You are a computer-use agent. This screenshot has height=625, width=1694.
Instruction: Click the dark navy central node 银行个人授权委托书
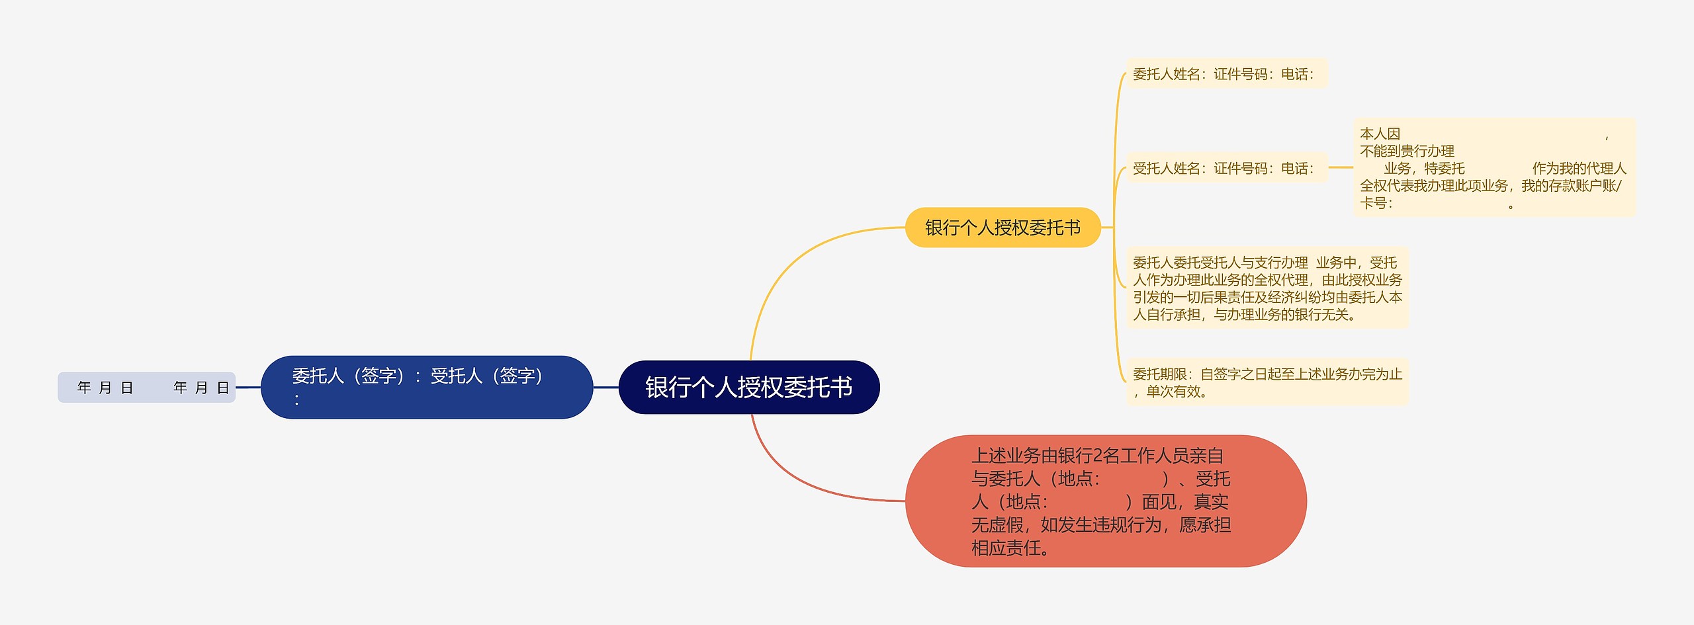point(748,387)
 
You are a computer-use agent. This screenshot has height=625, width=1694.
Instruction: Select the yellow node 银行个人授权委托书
point(1002,228)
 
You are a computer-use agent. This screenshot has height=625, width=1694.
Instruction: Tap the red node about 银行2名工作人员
point(1105,501)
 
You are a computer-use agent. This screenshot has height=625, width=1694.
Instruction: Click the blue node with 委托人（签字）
point(426,387)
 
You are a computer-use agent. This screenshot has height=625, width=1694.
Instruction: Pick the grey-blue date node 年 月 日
point(146,387)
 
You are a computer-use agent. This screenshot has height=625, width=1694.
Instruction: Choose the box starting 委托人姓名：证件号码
point(1226,74)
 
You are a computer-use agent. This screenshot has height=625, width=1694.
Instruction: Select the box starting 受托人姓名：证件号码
point(1226,168)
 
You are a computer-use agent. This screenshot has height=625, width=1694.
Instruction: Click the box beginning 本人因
point(1493,168)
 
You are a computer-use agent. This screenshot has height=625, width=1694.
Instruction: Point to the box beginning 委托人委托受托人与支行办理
point(1267,288)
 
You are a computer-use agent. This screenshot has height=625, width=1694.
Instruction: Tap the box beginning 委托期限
point(1267,382)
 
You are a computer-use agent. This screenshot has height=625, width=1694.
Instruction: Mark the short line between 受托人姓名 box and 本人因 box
point(1341,167)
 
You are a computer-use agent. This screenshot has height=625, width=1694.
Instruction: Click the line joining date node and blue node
point(248,387)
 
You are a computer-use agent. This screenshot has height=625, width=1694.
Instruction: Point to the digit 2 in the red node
point(1097,456)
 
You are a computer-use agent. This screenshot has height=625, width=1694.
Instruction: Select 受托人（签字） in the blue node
point(487,376)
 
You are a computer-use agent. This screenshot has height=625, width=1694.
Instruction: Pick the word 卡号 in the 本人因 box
point(1372,203)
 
